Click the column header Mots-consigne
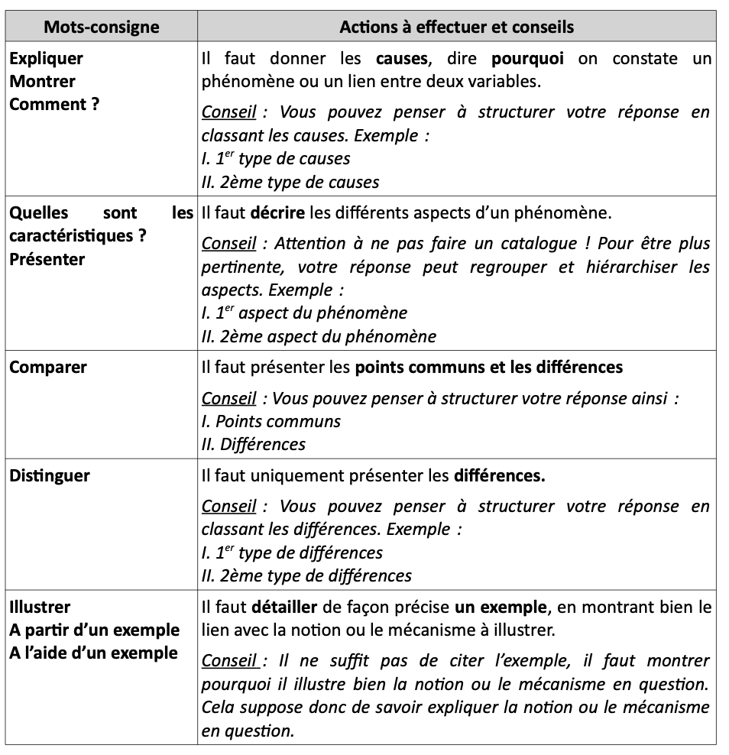tap(102, 27)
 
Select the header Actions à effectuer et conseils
tap(456, 27)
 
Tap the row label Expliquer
tap(47, 59)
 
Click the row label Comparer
tap(48, 368)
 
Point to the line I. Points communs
tap(271, 421)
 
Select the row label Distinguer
tap(50, 476)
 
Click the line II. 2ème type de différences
tap(306, 575)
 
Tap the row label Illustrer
tap(40, 608)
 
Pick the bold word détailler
tap(284, 608)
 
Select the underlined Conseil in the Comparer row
tap(228, 398)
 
